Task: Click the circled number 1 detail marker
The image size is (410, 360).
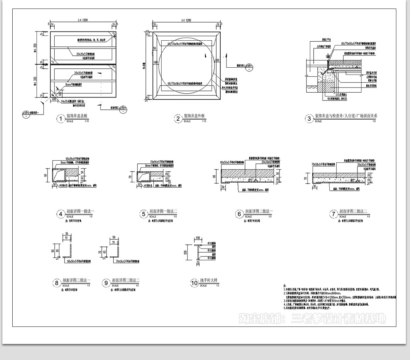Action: click(x=60, y=119)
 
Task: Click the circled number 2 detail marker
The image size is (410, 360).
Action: click(x=178, y=119)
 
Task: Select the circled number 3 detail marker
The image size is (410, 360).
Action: click(x=309, y=119)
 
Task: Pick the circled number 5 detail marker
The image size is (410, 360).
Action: click(x=144, y=214)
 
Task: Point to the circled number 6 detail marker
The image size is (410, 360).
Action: click(x=239, y=214)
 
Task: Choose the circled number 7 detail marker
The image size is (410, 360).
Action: click(x=333, y=214)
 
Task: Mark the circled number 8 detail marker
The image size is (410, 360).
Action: click(x=57, y=283)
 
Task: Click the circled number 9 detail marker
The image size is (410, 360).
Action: click(x=106, y=283)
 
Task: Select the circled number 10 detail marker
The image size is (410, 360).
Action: click(x=194, y=283)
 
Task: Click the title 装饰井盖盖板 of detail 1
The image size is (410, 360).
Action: click(x=77, y=116)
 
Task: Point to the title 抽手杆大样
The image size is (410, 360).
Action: click(x=209, y=280)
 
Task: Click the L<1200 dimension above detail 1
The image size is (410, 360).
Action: click(x=82, y=20)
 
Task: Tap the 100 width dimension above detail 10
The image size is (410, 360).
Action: click(x=198, y=238)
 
